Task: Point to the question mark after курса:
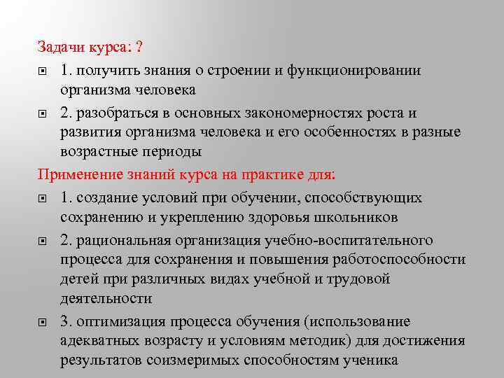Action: (x=140, y=48)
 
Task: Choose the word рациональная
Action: (x=123, y=240)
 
